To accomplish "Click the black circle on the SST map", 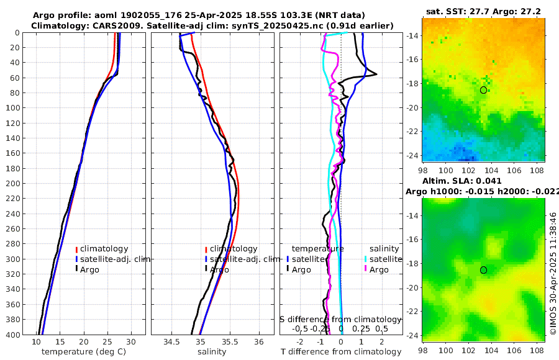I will click(483, 90).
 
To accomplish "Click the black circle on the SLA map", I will click(483, 270).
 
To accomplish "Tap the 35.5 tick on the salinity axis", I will click(229, 342).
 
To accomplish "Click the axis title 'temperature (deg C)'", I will click(77, 352).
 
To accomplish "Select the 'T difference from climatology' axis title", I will click(341, 352).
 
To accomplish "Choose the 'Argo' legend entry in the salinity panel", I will click(219, 269).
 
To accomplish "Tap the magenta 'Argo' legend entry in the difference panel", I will click(379, 269).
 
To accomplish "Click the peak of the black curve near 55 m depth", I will click(376, 74).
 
